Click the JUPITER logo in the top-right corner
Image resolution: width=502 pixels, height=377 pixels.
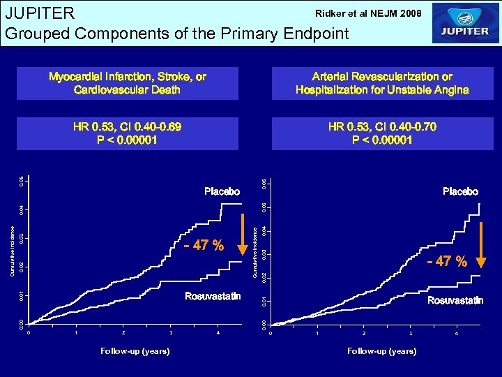point(466,24)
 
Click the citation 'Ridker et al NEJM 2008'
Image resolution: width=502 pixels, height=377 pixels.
point(368,13)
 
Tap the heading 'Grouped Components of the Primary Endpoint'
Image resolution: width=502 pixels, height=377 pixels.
point(176,33)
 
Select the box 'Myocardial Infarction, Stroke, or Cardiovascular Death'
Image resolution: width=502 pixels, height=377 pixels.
point(128,83)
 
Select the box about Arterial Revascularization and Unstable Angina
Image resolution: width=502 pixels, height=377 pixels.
point(382,83)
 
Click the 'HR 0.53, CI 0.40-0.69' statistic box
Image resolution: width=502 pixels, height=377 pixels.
point(128,133)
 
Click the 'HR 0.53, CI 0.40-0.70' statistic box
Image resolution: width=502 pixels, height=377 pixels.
point(382,133)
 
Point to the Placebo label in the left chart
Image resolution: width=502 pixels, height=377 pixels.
point(222,191)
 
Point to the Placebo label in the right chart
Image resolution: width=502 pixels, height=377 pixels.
point(460,191)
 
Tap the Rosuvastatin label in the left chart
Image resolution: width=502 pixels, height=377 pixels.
point(213,297)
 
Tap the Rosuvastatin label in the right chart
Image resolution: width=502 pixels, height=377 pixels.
point(455,301)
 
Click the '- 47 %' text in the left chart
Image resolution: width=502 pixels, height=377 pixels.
point(204,246)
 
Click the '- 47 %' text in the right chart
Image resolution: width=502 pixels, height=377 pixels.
point(447,262)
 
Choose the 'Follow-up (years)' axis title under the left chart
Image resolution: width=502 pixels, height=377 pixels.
point(135,351)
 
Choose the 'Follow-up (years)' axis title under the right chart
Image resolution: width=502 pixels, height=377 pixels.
point(382,351)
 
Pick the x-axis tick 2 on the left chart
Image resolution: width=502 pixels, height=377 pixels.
point(123,332)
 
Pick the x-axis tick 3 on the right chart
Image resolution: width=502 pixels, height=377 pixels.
point(410,333)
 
